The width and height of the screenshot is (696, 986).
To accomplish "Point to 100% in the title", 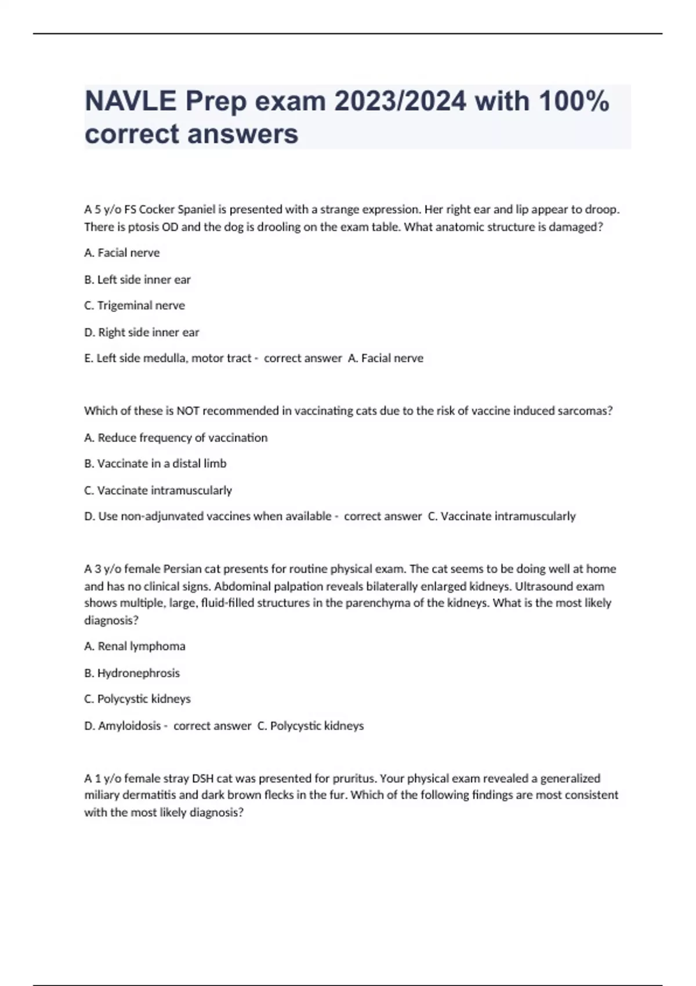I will [574, 101].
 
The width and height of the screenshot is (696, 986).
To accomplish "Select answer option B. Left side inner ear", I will [137, 280].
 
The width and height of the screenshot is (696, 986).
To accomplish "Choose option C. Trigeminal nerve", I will [135, 306].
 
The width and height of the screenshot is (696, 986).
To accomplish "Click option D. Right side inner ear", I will [142, 332].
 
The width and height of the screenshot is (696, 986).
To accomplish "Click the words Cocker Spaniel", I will [177, 209].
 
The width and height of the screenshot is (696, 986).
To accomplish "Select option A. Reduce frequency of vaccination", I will [176, 437].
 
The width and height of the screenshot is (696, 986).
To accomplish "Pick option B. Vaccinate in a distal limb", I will [155, 463].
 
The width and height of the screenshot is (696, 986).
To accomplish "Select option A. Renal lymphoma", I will [135, 646].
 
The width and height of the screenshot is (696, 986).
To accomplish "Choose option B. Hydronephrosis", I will [132, 673].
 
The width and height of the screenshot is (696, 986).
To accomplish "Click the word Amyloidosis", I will [129, 726].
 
